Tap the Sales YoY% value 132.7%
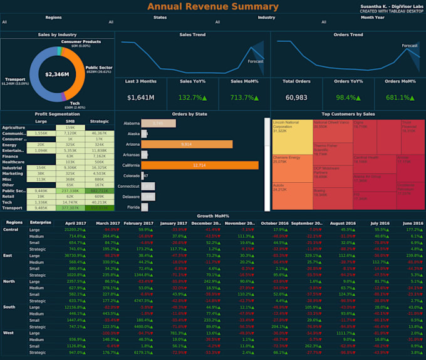coord(193,98)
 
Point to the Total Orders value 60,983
coord(296,98)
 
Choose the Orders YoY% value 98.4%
coord(348,98)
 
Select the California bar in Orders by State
coord(200,165)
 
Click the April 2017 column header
coord(76,222)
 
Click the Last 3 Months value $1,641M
coord(140,98)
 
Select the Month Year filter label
coord(373,17)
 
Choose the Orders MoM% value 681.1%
coord(400,98)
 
